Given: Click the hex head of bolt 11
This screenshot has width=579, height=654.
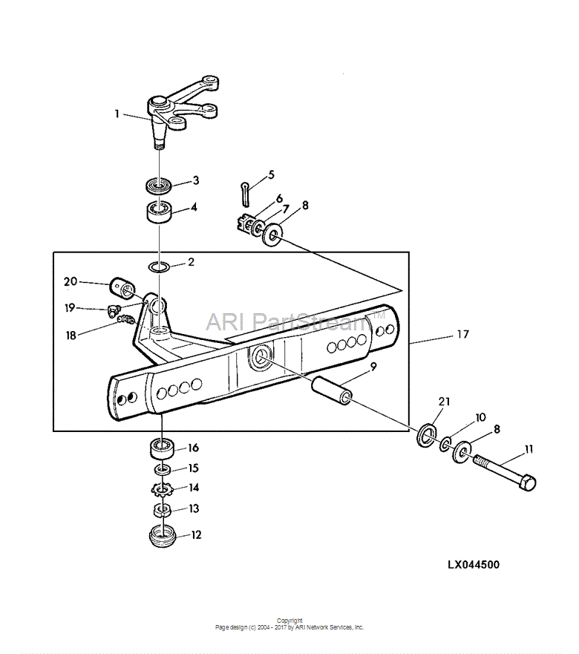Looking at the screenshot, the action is (x=527, y=483).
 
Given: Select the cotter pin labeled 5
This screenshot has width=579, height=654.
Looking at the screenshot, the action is (x=245, y=193).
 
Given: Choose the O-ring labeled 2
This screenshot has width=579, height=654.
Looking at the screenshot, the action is (x=159, y=266).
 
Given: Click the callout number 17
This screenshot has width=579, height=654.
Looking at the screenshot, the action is (x=462, y=334).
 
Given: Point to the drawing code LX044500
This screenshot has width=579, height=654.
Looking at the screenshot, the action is (x=474, y=565).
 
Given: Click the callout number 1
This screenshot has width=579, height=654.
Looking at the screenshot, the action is (x=117, y=114).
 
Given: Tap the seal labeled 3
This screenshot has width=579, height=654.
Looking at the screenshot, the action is (x=159, y=185).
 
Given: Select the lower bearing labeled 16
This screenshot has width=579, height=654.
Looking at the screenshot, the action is (x=162, y=449).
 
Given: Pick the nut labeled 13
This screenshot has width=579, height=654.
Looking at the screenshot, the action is (x=163, y=510).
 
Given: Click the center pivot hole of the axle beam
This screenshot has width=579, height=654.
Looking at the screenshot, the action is (x=261, y=356).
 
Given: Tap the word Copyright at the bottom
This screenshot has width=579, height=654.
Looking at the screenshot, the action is (x=289, y=621).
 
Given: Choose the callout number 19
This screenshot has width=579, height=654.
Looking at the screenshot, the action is (x=70, y=308).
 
